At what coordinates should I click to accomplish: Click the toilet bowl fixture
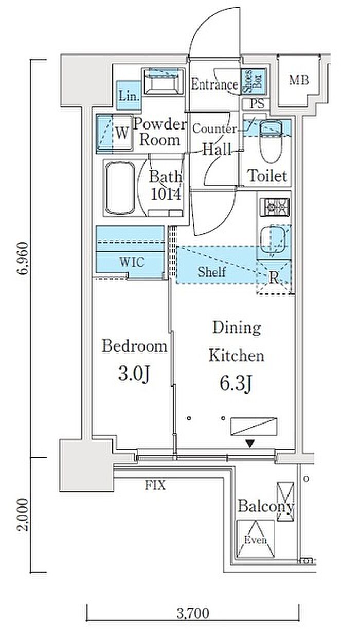[271, 141]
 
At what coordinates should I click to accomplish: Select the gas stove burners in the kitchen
[275, 207]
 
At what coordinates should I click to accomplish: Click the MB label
[299, 80]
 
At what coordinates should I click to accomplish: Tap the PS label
[257, 103]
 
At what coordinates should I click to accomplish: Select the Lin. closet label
[129, 96]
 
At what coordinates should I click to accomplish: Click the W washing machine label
[122, 133]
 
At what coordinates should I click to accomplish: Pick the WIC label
[132, 262]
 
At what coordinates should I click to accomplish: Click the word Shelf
[211, 271]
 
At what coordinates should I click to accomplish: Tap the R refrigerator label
[274, 278]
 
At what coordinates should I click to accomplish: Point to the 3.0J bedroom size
[134, 374]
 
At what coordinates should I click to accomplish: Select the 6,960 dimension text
[23, 259]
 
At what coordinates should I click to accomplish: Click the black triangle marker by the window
[250, 444]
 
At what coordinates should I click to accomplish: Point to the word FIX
[155, 485]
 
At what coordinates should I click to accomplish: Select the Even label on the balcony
[256, 540]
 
